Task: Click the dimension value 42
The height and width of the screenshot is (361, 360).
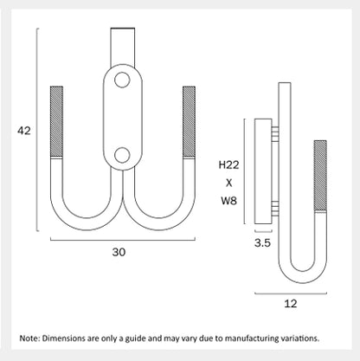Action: pyautogui.click(x=24, y=131)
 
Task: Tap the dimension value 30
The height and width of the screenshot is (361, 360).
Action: pyautogui.click(x=119, y=252)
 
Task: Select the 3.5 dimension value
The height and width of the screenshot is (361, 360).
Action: pyautogui.click(x=262, y=243)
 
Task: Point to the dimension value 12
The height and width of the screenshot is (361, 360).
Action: pyautogui.click(x=291, y=304)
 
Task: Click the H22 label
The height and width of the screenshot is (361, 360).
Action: pyautogui.click(x=228, y=164)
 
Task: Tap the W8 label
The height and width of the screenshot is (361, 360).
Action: pyautogui.click(x=228, y=200)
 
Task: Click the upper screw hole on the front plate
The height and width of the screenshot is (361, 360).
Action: pyautogui.click(x=122, y=80)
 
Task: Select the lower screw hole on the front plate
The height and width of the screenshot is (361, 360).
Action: pyautogui.click(x=122, y=155)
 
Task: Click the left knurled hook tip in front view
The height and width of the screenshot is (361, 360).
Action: pyautogui.click(x=56, y=121)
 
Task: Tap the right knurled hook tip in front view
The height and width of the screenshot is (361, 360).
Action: pyautogui.click(x=189, y=121)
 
